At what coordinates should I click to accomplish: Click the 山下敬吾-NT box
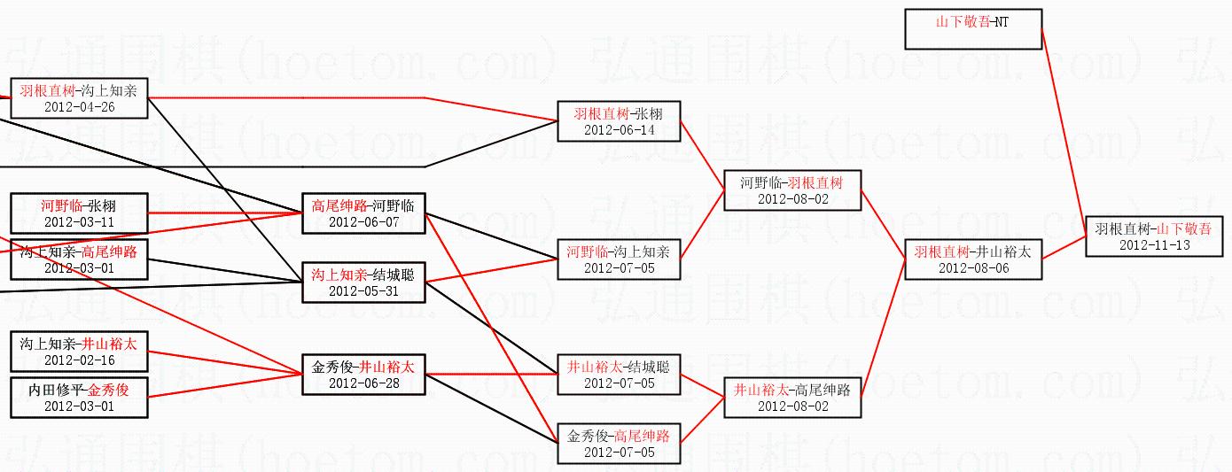click(x=973, y=29)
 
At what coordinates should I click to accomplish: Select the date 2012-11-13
click(x=1155, y=245)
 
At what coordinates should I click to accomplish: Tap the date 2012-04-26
click(x=79, y=107)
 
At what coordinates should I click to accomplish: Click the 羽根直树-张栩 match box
click(x=619, y=121)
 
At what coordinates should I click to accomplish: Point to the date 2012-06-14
click(x=620, y=130)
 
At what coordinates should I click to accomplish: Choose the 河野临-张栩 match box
click(x=79, y=213)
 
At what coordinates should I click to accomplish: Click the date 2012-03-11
click(x=79, y=222)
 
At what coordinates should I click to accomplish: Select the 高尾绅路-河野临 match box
click(x=363, y=213)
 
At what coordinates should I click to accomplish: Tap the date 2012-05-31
click(x=363, y=291)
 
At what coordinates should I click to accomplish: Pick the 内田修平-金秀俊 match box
click(x=79, y=398)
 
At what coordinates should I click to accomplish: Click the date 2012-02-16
click(x=79, y=360)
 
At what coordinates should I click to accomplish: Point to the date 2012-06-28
click(x=363, y=383)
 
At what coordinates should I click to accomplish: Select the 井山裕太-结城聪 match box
click(x=619, y=375)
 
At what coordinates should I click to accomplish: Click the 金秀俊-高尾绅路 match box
click(x=619, y=444)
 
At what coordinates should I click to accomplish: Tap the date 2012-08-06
click(x=973, y=268)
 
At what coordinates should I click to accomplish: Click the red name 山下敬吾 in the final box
click(x=1183, y=229)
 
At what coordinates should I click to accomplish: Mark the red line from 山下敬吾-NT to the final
click(x=1064, y=133)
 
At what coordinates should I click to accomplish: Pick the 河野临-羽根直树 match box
click(x=792, y=190)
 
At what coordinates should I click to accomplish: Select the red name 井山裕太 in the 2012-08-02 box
click(x=760, y=391)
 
